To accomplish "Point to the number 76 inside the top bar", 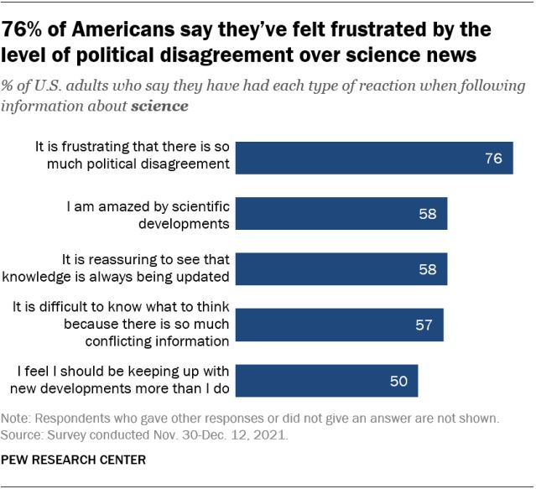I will [493, 157].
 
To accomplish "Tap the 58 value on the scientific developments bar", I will [428, 214].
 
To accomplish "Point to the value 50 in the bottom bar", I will [398, 381].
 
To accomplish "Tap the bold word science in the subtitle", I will [159, 107].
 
